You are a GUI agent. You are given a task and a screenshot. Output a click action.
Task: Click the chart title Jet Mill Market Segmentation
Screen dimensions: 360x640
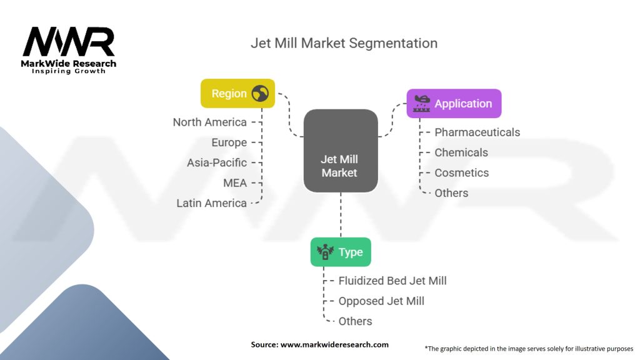(x=344, y=43)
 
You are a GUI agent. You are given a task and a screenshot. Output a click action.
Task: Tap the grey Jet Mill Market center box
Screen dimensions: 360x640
(x=340, y=151)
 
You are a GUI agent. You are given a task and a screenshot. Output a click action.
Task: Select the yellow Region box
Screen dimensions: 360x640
(x=237, y=94)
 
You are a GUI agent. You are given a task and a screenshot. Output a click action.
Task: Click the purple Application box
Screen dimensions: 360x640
(x=454, y=104)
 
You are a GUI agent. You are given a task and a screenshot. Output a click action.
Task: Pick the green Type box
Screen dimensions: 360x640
(x=341, y=252)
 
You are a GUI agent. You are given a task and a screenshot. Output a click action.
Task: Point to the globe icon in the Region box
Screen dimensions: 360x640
(x=260, y=94)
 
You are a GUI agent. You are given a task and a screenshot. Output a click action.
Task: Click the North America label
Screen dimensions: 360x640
(x=209, y=122)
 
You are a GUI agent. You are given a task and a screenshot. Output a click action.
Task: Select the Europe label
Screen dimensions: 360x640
(x=229, y=142)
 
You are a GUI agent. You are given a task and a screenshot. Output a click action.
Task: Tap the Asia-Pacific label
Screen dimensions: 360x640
(x=216, y=162)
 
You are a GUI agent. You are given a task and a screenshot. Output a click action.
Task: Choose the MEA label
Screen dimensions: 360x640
(x=235, y=183)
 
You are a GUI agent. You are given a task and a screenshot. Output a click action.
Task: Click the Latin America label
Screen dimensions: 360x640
(x=211, y=203)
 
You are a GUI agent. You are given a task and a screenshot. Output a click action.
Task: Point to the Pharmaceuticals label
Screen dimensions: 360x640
(x=477, y=132)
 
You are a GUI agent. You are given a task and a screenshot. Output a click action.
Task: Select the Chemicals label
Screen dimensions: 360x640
(x=461, y=152)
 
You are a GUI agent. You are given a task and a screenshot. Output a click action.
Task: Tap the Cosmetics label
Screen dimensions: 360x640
(x=461, y=173)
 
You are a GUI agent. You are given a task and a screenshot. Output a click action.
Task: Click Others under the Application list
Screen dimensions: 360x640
(x=451, y=193)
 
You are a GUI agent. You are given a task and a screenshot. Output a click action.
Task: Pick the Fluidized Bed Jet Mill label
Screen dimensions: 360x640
(x=392, y=281)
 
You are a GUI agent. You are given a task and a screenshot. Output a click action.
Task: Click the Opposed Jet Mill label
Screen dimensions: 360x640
(x=381, y=301)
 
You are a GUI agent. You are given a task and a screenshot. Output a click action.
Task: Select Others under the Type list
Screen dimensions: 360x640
(x=355, y=321)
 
